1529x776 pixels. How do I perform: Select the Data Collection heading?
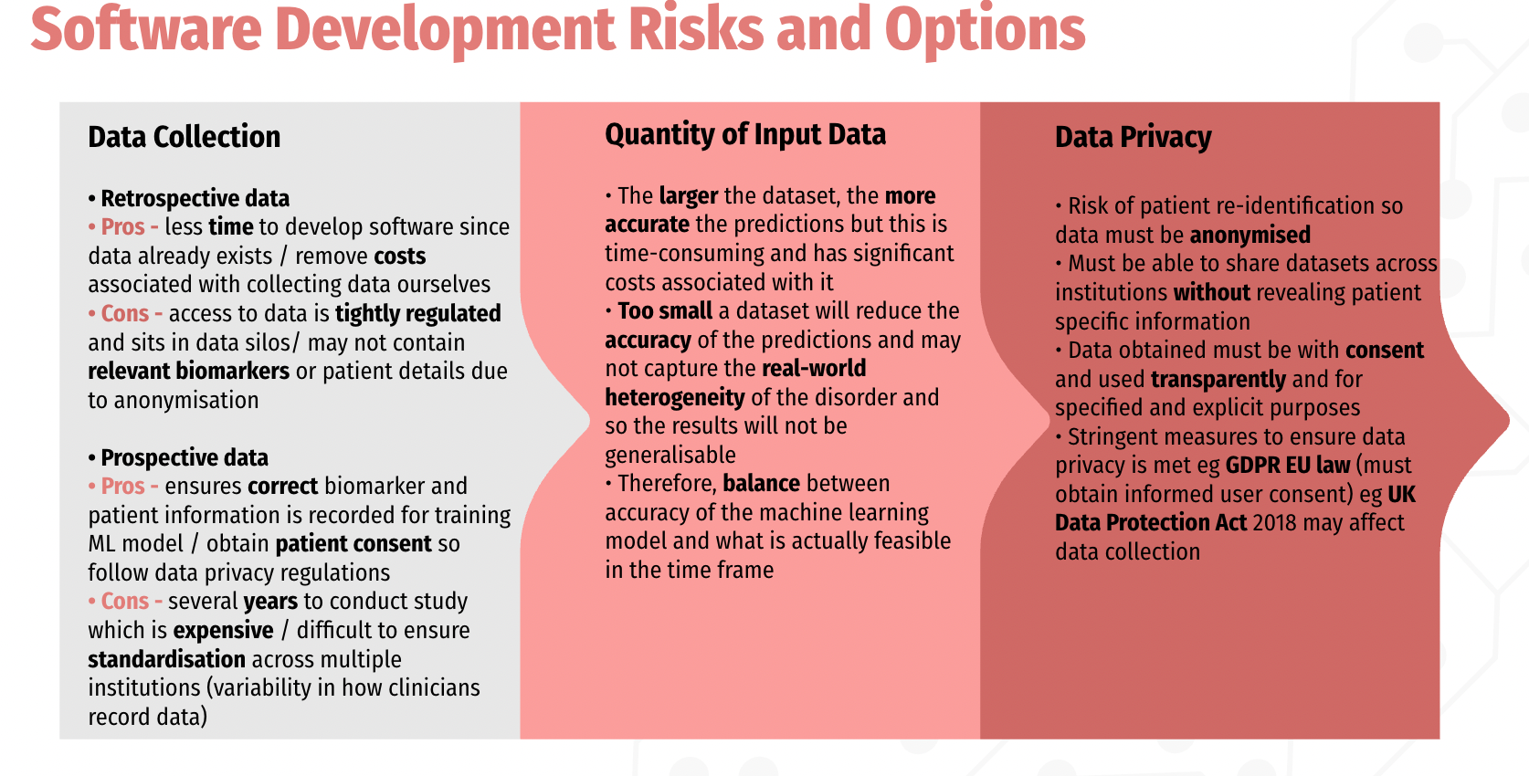tap(185, 137)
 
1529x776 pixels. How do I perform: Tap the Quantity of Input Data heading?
tap(745, 135)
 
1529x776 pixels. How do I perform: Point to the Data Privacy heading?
tap(1134, 137)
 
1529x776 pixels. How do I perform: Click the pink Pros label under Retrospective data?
tap(123, 226)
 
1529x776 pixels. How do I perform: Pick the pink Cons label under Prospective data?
tap(125, 601)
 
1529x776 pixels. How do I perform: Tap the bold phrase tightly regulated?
tap(417, 313)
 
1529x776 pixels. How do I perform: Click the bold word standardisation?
tap(166, 658)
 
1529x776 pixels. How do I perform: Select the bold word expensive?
tap(223, 630)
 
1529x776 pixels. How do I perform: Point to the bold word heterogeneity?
tap(674, 397)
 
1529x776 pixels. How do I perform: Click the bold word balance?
tap(761, 483)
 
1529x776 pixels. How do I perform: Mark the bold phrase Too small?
tap(665, 310)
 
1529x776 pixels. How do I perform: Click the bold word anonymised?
tap(1250, 235)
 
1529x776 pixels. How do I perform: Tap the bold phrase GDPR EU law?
tap(1287, 465)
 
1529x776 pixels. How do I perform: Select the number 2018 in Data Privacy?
tap(1274, 522)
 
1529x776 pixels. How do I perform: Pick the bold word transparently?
tap(1218, 379)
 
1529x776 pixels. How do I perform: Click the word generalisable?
tap(670, 455)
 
